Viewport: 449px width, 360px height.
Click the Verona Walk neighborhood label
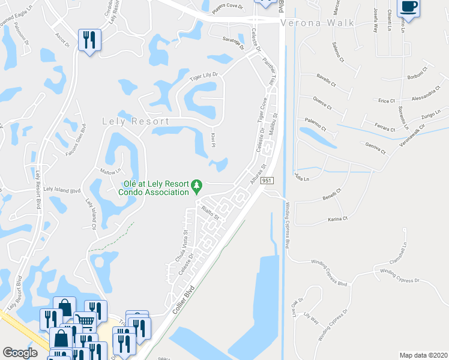click(x=318, y=23)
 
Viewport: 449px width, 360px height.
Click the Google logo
click(x=20, y=353)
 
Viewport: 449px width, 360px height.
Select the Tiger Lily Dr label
click(x=206, y=76)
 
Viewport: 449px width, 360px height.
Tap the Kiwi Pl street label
click(x=212, y=141)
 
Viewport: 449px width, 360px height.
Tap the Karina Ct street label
click(x=338, y=218)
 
